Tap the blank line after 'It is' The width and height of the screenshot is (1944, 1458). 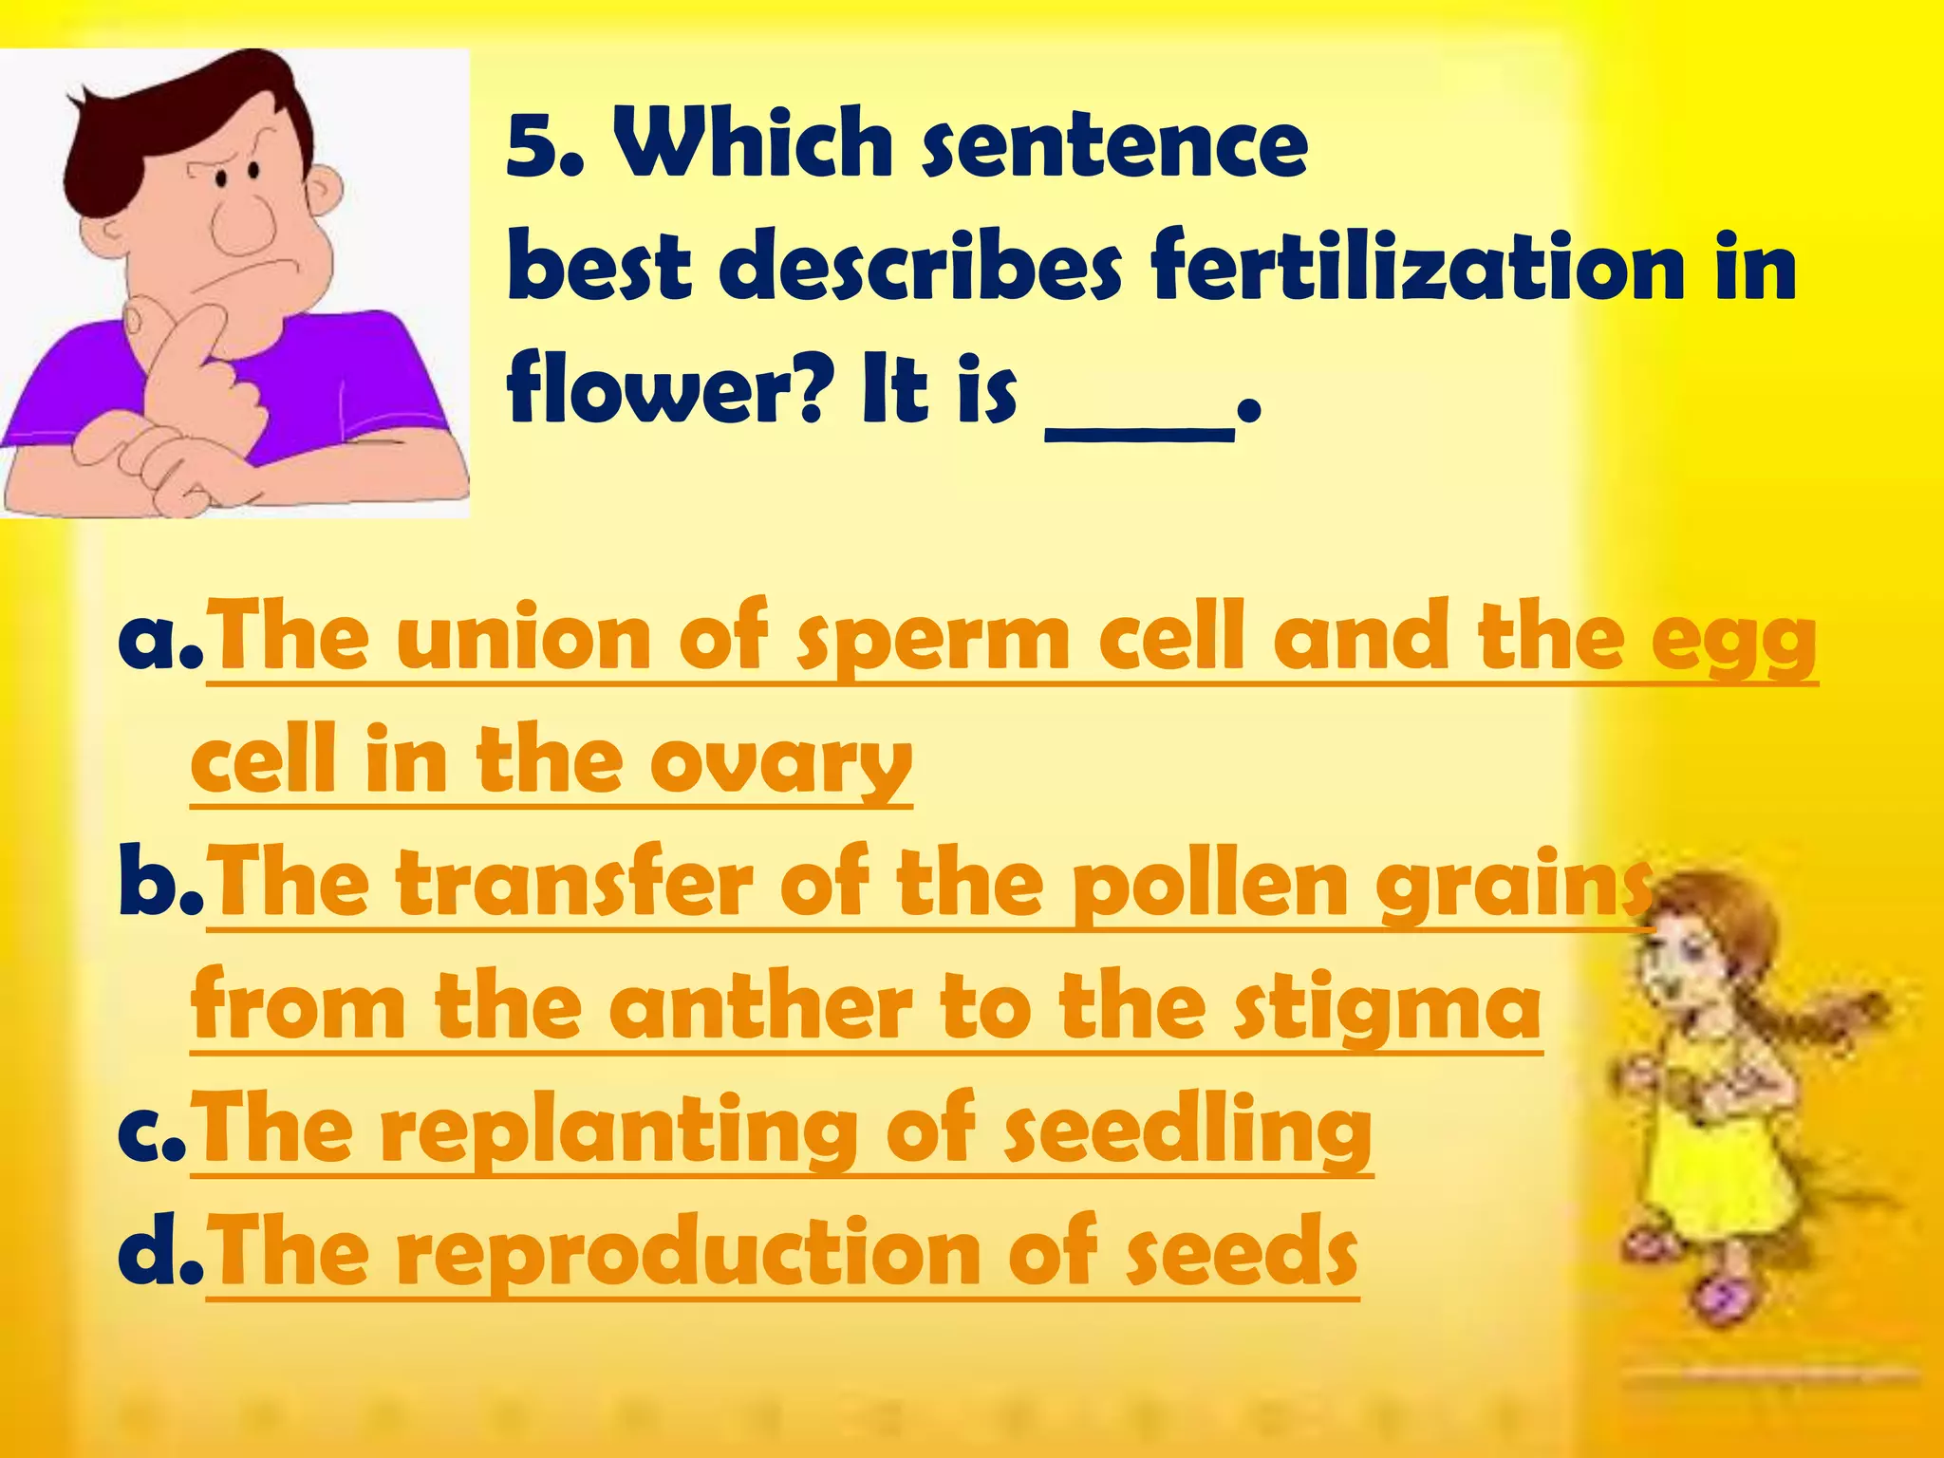pos(1139,432)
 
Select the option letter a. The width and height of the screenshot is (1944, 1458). pos(152,638)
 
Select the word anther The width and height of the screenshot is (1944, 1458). pos(768,1006)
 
